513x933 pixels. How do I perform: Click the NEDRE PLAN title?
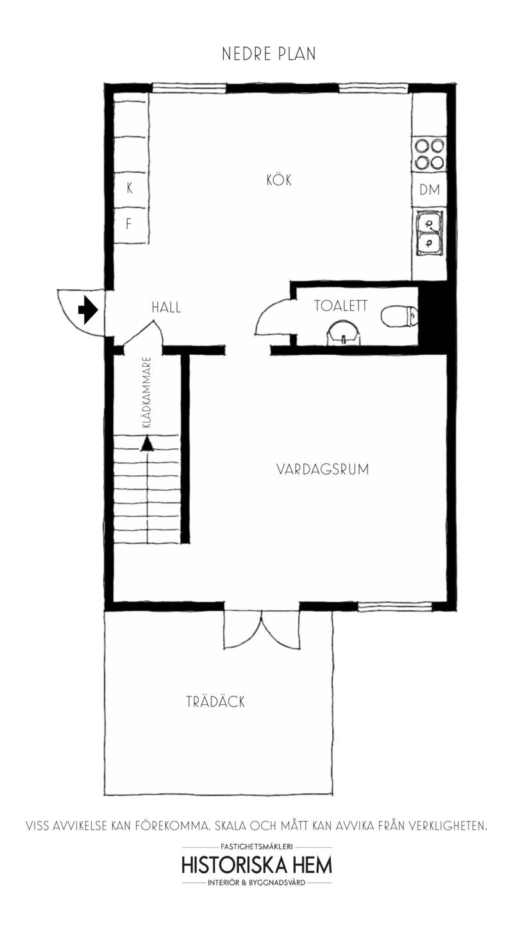[x=269, y=54]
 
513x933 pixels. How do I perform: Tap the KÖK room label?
[x=279, y=180]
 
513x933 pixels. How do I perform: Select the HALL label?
[x=166, y=308]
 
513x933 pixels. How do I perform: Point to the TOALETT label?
[x=341, y=306]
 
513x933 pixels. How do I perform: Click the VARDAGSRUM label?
[x=323, y=469]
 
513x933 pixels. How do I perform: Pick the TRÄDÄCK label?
[x=215, y=702]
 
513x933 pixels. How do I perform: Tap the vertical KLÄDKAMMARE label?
[x=147, y=392]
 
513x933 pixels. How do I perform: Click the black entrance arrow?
[x=88, y=310]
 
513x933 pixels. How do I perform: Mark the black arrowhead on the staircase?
[x=147, y=443]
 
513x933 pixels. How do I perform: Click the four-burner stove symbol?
[x=429, y=154]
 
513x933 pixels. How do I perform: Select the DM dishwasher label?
[x=430, y=190]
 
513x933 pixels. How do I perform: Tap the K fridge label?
[x=130, y=189]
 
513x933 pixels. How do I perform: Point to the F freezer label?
[x=129, y=224]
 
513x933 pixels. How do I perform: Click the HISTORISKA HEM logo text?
[x=257, y=865]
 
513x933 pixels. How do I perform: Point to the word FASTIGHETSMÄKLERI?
[x=257, y=846]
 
